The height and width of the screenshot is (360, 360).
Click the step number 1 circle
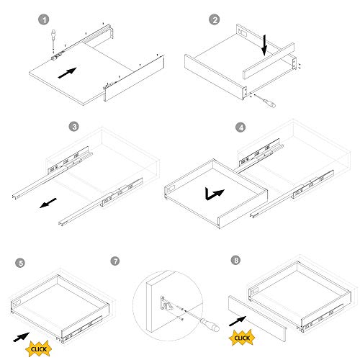(44, 19)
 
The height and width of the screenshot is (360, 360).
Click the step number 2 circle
(215, 19)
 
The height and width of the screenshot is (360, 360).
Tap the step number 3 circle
(74, 126)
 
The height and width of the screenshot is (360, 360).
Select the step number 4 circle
(241, 127)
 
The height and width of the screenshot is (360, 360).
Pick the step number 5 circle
(21, 263)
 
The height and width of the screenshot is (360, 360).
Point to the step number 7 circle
(115, 261)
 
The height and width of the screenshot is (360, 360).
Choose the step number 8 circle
(235, 261)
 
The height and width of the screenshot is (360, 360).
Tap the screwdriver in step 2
(266, 101)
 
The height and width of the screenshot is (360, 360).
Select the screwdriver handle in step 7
(210, 325)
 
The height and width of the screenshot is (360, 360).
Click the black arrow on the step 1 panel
(68, 73)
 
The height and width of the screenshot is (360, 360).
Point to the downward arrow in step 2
(264, 45)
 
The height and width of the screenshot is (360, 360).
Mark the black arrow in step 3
(48, 203)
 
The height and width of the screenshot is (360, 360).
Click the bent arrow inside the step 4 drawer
(214, 194)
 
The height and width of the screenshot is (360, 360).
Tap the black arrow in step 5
(22, 337)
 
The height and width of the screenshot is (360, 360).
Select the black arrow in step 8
(238, 321)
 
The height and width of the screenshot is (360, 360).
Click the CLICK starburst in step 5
(39, 348)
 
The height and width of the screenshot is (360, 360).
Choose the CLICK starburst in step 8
(242, 338)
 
